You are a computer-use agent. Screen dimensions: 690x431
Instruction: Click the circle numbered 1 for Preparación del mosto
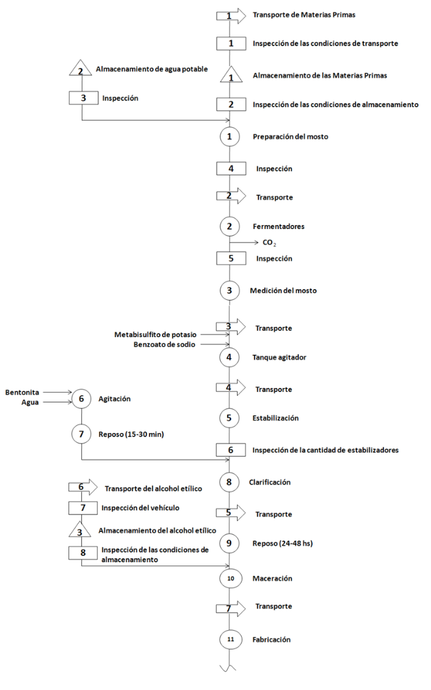click(229, 137)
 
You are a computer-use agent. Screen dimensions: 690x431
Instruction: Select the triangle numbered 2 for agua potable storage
click(81, 69)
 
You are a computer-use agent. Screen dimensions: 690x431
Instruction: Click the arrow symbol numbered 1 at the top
click(230, 14)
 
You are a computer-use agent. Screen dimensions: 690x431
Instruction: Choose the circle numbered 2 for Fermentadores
click(229, 226)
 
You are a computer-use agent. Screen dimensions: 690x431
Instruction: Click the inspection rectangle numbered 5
click(229, 258)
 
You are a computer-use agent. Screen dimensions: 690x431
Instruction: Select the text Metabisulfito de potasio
click(155, 335)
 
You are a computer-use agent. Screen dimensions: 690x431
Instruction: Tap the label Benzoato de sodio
click(164, 344)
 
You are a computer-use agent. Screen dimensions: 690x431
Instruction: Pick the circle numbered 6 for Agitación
click(81, 398)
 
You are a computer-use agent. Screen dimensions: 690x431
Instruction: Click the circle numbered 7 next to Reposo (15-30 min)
click(81, 433)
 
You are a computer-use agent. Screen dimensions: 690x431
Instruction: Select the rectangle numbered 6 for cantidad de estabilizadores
click(229, 450)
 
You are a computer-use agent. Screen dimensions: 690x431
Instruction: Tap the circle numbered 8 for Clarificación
click(229, 482)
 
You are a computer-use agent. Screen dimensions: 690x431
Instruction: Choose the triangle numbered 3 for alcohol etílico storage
click(81, 531)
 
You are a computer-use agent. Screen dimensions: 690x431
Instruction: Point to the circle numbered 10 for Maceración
click(229, 578)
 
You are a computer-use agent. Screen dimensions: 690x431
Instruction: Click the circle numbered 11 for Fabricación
click(229, 640)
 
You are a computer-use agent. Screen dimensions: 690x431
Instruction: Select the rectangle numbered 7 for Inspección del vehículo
click(81, 507)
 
